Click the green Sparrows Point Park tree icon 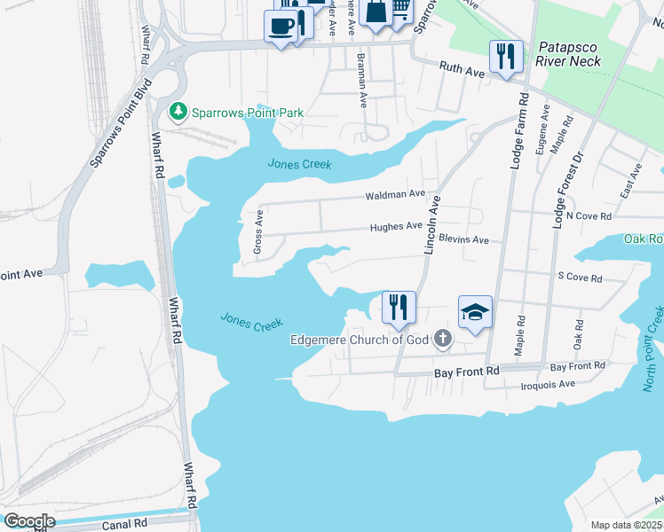[178, 111]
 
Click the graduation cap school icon [475, 312]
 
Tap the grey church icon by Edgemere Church [442, 340]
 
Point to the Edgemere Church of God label [359, 340]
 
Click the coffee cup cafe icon [281, 26]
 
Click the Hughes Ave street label [396, 226]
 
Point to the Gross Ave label [258, 233]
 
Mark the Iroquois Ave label [548, 384]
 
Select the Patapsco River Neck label [568, 54]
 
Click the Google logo [28, 520]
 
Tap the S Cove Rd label [579, 278]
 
